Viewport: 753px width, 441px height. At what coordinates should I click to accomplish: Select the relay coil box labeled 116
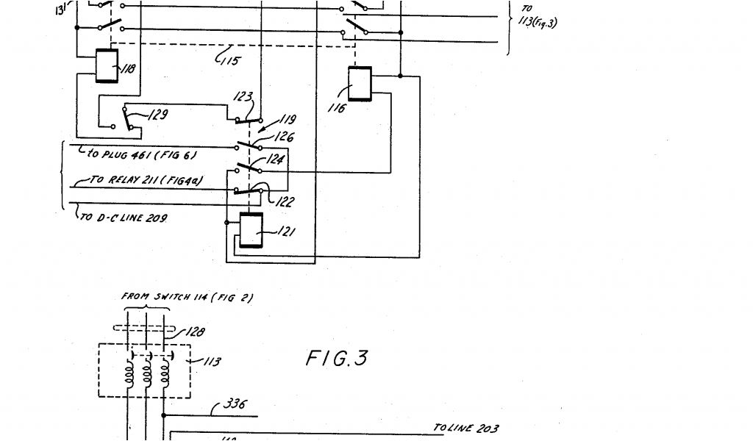click(x=360, y=83)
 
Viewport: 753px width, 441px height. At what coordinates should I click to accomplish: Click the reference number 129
click(x=158, y=115)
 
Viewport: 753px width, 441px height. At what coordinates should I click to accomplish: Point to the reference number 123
click(x=243, y=97)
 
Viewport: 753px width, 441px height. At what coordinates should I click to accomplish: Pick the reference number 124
click(x=276, y=158)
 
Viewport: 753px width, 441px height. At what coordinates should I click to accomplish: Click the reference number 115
click(x=229, y=61)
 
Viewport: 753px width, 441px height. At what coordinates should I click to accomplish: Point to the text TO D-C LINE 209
click(x=123, y=218)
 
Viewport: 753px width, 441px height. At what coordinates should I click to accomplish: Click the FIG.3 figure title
click(x=336, y=359)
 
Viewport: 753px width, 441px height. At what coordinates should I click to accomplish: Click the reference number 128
click(x=194, y=332)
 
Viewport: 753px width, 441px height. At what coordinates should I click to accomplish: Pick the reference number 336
click(x=235, y=404)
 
